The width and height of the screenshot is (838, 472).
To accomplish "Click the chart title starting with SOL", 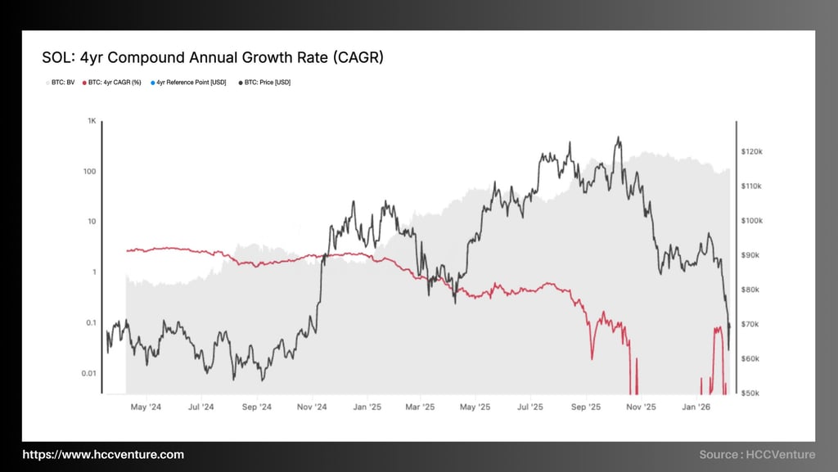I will click(212, 58).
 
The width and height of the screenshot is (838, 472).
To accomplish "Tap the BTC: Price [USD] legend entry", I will click(264, 83).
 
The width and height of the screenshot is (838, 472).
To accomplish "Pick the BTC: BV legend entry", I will click(59, 83).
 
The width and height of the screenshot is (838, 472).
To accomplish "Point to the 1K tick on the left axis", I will click(92, 121).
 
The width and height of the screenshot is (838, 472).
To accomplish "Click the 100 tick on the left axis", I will click(90, 172).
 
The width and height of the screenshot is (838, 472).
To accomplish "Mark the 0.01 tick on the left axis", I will click(88, 374).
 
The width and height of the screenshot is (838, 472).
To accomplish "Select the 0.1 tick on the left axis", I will click(91, 323).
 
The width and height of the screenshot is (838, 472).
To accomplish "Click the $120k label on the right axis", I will click(752, 152).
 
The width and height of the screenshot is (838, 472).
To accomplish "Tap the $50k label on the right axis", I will click(750, 393).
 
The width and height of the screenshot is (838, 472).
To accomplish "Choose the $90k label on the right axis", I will click(750, 255).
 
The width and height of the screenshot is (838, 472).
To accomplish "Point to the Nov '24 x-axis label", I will click(311, 407).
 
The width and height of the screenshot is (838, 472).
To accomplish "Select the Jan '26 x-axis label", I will click(696, 407).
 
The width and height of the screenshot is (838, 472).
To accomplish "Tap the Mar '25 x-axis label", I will click(421, 407).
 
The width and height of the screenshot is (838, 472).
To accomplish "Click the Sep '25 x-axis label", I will click(585, 407).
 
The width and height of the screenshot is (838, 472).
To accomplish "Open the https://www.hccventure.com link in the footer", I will click(103, 455).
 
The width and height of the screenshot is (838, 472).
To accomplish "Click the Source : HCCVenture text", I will click(757, 455).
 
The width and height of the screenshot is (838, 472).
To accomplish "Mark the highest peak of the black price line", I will click(619, 137).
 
